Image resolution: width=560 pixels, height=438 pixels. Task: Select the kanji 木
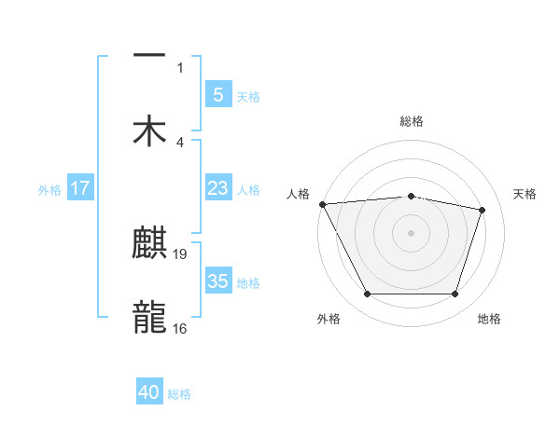tap(149, 130)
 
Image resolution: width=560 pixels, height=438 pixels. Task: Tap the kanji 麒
tap(149, 244)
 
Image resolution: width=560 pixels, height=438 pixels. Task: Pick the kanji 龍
tap(149, 317)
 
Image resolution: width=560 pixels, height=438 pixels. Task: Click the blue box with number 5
tap(217, 94)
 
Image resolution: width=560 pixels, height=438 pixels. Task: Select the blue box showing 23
tap(217, 188)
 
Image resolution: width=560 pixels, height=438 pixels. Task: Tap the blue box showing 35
tap(217, 281)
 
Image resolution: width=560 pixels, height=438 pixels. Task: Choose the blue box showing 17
tap(79, 188)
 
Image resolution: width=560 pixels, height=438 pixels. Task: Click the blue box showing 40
tap(149, 392)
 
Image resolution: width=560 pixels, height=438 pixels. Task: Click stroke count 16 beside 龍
tap(180, 327)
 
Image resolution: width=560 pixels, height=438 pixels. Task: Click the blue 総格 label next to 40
tap(179, 394)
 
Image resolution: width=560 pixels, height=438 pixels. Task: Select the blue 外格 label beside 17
tap(49, 190)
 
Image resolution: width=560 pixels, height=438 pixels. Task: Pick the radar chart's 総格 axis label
tap(412, 121)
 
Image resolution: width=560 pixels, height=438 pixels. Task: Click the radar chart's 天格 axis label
tap(525, 194)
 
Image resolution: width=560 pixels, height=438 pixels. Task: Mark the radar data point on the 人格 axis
tap(322, 204)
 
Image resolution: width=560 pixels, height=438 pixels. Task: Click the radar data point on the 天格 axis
tap(483, 210)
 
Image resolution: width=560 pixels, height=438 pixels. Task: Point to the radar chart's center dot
tap(412, 233)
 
